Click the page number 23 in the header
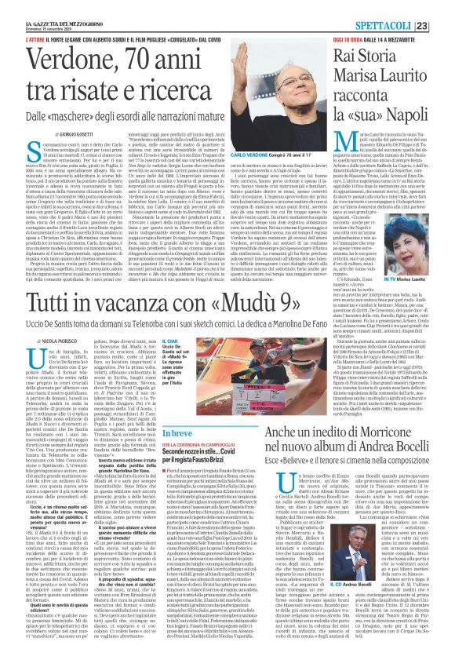click(443, 8)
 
